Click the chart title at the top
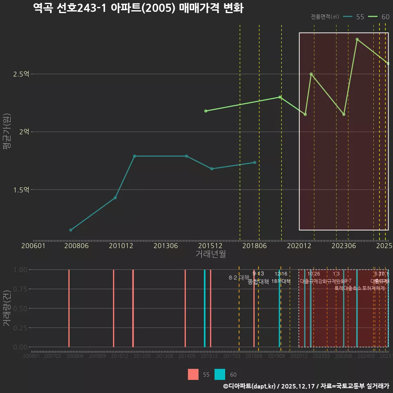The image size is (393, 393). (x=138, y=8)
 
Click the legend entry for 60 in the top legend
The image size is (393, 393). (x=379, y=17)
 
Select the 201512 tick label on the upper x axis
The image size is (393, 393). (x=210, y=246)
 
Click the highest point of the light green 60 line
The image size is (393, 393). (x=357, y=39)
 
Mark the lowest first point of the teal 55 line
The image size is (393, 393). (x=71, y=230)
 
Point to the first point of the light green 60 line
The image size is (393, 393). (x=206, y=111)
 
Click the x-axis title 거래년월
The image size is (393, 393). (x=210, y=254)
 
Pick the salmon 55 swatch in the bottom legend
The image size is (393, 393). (x=193, y=374)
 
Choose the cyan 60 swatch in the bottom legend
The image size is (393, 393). (x=220, y=374)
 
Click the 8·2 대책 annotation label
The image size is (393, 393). (x=239, y=278)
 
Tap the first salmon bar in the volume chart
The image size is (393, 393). (x=69, y=308)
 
